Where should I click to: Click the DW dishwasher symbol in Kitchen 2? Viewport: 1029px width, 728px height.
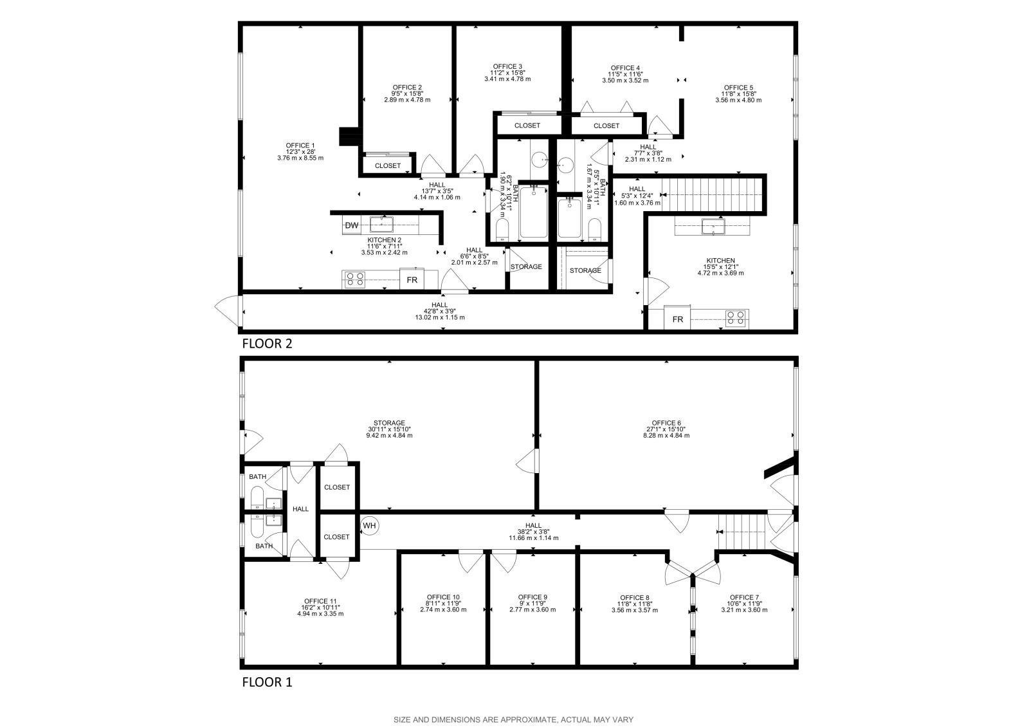click(352, 225)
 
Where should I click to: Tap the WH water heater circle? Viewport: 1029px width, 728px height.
click(369, 526)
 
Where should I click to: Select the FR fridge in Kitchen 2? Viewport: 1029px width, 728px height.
click(412, 280)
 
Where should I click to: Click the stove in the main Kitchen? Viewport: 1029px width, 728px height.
click(737, 317)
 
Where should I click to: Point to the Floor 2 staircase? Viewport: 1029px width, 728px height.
click(711, 193)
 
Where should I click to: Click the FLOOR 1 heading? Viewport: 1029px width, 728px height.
click(267, 682)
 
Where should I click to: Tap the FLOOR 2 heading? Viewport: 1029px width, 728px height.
click(267, 344)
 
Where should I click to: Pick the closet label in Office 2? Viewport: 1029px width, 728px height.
click(387, 165)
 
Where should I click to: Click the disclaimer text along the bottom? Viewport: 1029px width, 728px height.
click(514, 720)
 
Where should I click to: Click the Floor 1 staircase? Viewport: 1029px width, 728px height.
click(742, 532)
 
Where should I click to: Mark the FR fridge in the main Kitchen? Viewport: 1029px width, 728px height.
click(677, 319)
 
